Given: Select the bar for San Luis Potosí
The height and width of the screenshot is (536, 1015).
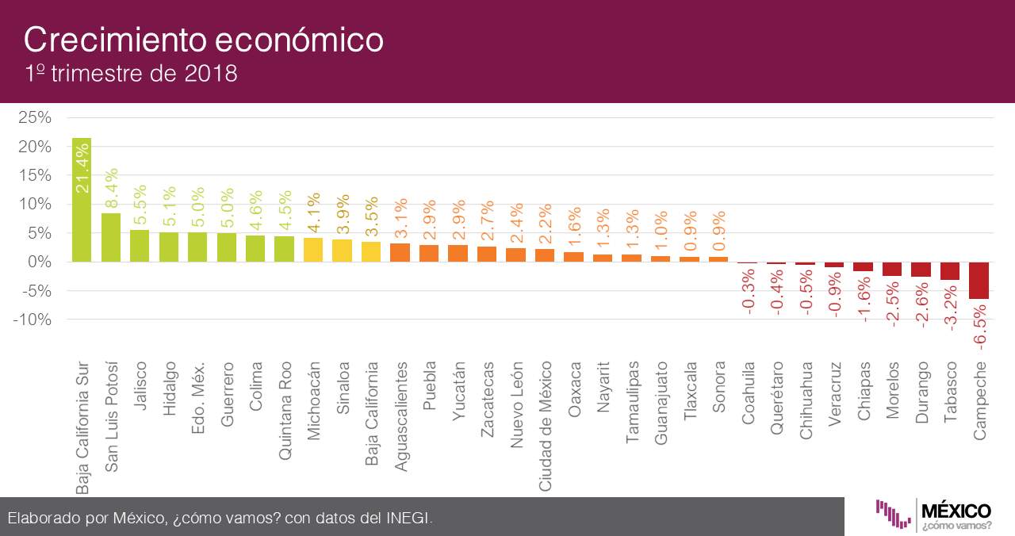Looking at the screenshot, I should click(111, 237).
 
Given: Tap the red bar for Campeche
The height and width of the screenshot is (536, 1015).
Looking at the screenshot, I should click(979, 281).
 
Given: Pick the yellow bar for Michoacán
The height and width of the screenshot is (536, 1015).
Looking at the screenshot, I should click(313, 250).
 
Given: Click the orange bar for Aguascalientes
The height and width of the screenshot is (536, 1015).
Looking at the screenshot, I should click(400, 253).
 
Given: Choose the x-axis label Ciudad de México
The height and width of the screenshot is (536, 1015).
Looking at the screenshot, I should click(546, 426).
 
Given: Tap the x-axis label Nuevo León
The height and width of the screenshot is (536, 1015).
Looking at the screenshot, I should click(517, 405).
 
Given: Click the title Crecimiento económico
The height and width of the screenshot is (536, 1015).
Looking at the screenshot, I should click(204, 40).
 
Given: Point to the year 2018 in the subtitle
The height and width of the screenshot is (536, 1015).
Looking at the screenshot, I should click(211, 75).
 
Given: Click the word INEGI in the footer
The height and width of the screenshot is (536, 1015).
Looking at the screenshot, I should click(409, 518).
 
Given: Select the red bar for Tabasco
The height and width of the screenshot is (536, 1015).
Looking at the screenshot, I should click(950, 271).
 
